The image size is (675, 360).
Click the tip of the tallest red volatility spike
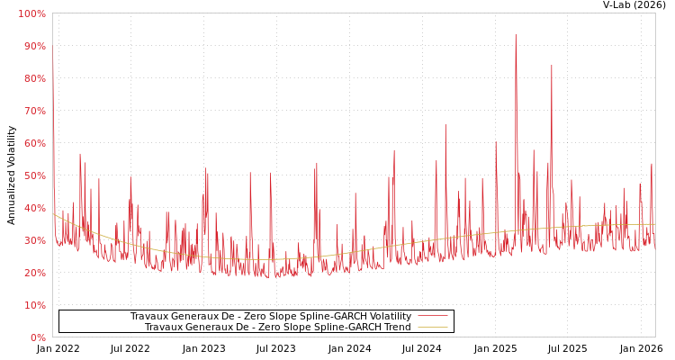(x=516, y=35)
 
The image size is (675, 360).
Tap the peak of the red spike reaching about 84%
(x=552, y=65)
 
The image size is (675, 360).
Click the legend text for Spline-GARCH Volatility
(x=270, y=316)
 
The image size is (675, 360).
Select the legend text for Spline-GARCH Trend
(x=277, y=327)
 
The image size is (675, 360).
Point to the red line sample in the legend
(x=433, y=316)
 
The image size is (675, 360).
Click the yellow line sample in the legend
(x=433, y=327)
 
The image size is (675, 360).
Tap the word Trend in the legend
(x=396, y=327)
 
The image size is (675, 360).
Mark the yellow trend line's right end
(x=654, y=224)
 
